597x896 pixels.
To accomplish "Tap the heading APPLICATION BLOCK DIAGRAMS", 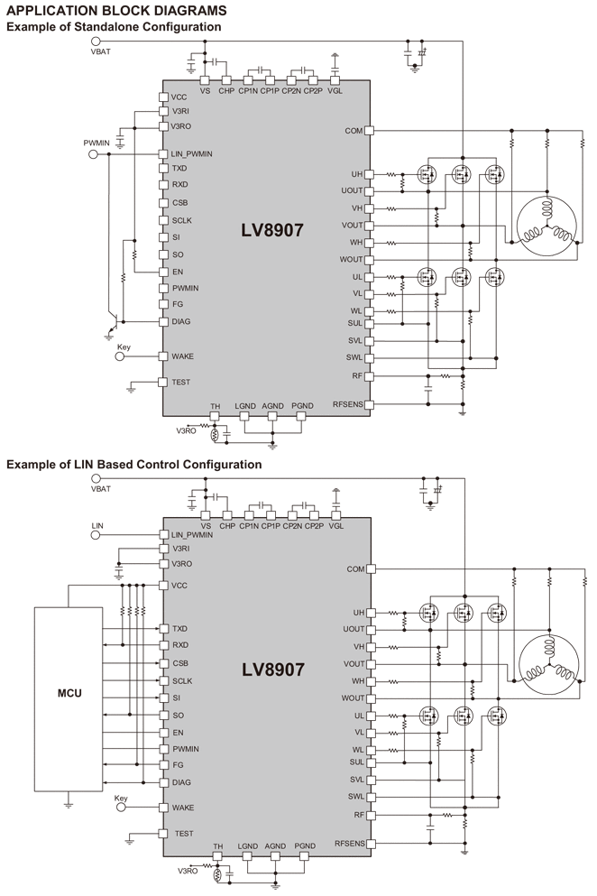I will (116, 10).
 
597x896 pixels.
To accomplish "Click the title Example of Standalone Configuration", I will (114, 27).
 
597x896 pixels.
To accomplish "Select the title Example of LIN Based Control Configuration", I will (134, 465).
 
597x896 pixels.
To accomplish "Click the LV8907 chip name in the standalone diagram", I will (271, 230).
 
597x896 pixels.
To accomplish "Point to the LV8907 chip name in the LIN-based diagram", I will (271, 670).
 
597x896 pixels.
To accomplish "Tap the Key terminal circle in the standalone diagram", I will (119, 356).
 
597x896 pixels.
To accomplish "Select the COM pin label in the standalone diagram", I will (354, 131).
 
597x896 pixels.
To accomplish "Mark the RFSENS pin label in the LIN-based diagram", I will (348, 843).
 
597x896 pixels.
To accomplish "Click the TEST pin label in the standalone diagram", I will (180, 383).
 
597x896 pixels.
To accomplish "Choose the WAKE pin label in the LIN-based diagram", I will (183, 808).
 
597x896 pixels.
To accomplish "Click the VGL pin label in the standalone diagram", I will (335, 90).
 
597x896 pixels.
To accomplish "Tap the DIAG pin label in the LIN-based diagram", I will (181, 782).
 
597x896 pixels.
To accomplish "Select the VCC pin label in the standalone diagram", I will (179, 97).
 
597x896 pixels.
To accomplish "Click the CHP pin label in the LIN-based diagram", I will (226, 527).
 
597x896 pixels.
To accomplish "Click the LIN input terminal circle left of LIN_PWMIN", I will (93, 535).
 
